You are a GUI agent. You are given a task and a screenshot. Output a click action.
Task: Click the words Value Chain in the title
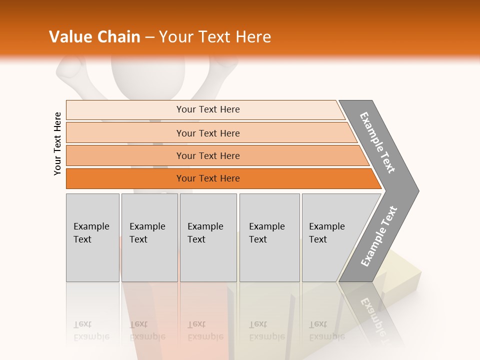click(94, 37)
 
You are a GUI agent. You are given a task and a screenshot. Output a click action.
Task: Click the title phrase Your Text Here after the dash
click(215, 37)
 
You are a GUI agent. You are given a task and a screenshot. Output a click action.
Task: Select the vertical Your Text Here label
click(57, 144)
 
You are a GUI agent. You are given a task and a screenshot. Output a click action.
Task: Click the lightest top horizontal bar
click(205, 109)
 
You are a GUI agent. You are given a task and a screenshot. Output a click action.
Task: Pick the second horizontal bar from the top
click(210, 133)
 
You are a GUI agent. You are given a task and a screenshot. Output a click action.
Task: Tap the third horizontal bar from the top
click(215, 155)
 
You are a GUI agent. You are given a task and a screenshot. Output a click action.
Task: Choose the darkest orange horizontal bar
click(220, 178)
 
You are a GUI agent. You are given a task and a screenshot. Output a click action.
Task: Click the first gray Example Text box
click(92, 237)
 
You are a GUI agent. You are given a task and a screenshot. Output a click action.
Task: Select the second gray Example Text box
click(149, 237)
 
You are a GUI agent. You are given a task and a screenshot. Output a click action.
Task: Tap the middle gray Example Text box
click(208, 237)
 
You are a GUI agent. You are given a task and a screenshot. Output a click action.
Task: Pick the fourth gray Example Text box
click(269, 237)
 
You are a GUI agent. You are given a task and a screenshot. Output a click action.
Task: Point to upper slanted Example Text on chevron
click(378, 142)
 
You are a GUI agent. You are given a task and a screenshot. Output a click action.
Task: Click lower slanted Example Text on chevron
click(379, 236)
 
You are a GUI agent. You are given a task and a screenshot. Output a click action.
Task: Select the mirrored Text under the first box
click(82, 324)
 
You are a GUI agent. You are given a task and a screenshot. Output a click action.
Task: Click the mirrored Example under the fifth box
click(326, 336)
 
